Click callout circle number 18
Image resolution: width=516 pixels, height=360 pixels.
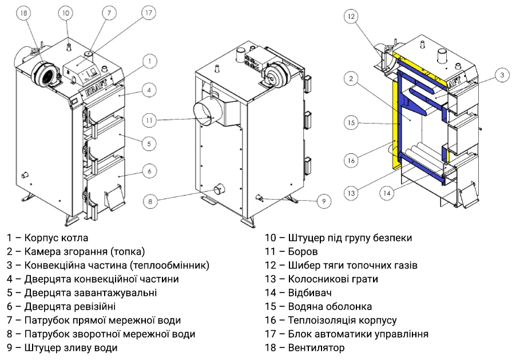[23, 14]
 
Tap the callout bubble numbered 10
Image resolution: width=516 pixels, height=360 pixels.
[66, 13]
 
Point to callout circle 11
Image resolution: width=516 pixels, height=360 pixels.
[149, 120]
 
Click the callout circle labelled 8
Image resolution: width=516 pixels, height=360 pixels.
[150, 201]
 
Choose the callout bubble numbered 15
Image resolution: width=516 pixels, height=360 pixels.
[352, 122]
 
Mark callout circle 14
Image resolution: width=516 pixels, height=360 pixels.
[387, 193]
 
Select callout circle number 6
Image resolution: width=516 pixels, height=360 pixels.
[148, 171]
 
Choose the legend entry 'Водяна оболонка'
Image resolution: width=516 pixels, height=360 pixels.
[318, 306]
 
